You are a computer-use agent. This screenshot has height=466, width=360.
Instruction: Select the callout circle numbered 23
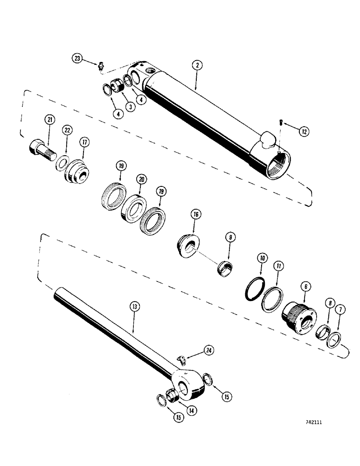click(77, 58)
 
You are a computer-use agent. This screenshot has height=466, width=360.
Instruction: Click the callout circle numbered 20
click(140, 179)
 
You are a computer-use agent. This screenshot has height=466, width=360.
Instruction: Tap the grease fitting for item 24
click(182, 359)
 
